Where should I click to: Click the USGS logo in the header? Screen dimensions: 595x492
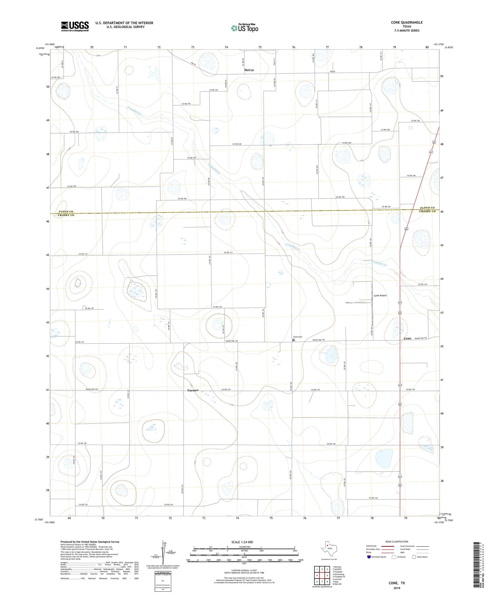pyautogui.click(x=75, y=26)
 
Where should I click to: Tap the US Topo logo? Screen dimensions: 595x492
pyautogui.click(x=244, y=28)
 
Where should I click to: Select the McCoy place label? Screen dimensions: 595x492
pyautogui.click(x=249, y=70)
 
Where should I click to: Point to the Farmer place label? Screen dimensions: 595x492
pyautogui.click(x=193, y=390)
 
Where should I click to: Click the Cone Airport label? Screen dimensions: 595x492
pyautogui.click(x=380, y=295)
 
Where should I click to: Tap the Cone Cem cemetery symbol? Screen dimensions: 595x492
pyautogui.click(x=293, y=340)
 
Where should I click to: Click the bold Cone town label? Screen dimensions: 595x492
pyautogui.click(x=407, y=338)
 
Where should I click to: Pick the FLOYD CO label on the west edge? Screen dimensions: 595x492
pyautogui.click(x=66, y=212)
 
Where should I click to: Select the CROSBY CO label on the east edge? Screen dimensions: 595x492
pyautogui.click(x=427, y=211)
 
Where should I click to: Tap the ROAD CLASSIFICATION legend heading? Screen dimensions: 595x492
pyautogui.click(x=397, y=542)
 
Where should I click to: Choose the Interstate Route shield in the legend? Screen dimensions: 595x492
pyautogui.click(x=369, y=557)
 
